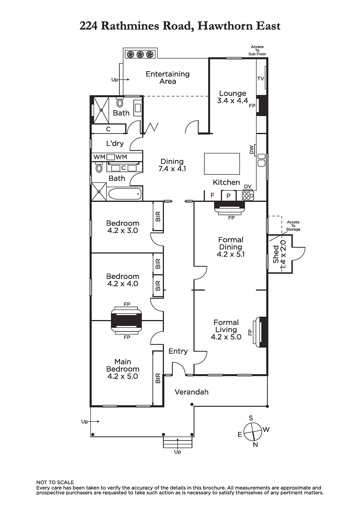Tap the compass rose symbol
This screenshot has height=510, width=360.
tap(253, 432)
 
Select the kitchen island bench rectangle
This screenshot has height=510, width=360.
tap(222, 164)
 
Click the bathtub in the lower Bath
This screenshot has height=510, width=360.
tap(125, 194)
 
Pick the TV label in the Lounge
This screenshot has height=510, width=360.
tap(261, 78)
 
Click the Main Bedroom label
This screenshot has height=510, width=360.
tap(123, 369)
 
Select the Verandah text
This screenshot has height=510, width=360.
tap(192, 392)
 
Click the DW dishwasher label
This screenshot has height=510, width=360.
tap(251, 149)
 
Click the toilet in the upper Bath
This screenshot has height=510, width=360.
tap(120, 103)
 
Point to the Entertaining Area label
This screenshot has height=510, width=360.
tap(168, 78)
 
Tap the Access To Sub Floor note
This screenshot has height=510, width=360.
tap(257, 50)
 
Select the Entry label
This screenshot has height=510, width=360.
tap(178, 351)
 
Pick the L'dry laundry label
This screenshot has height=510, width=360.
tap(115, 143)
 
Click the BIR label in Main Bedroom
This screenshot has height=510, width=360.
tap(158, 378)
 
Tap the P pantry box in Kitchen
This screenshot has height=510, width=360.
tap(228, 196)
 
